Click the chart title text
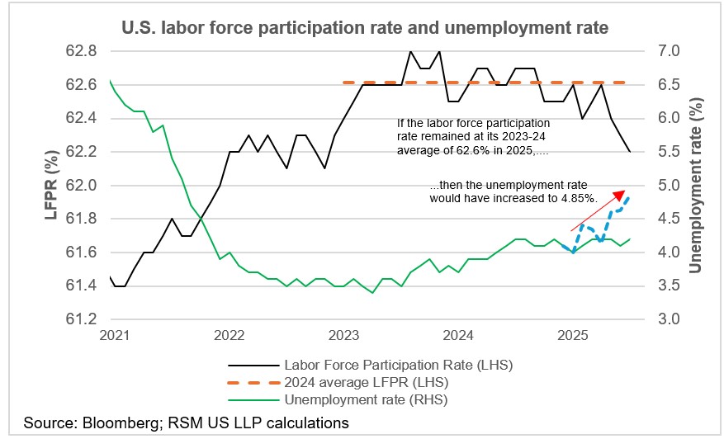[x=364, y=28]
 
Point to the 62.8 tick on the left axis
[x=81, y=51]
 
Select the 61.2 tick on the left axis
[x=81, y=319]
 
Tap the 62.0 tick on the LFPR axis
[x=81, y=186]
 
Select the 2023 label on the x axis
[x=343, y=337]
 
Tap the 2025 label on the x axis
[x=572, y=337]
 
